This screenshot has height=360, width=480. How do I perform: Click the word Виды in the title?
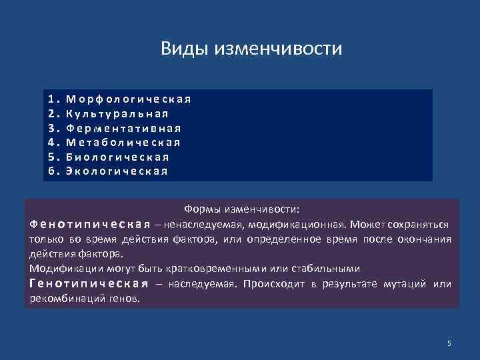pos(184,49)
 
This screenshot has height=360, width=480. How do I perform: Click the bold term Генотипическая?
pos(89,283)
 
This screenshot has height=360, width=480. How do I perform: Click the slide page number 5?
pos(449,343)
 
